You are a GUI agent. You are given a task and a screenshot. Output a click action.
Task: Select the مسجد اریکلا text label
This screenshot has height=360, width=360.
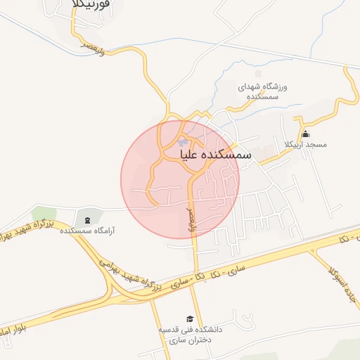[x=305, y=145]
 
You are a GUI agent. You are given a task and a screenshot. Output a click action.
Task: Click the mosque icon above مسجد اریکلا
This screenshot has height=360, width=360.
[x=305, y=134]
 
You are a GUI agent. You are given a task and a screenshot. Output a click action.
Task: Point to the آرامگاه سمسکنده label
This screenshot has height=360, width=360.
[x=89, y=230]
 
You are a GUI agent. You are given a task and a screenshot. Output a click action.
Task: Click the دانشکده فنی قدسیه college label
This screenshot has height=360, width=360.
[x=189, y=334]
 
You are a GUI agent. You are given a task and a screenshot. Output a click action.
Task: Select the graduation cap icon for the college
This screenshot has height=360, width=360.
[x=189, y=319]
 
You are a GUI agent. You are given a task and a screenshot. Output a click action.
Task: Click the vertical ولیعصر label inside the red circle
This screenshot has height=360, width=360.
[x=188, y=216]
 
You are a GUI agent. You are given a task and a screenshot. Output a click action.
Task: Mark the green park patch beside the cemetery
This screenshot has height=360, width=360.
[x=44, y=214]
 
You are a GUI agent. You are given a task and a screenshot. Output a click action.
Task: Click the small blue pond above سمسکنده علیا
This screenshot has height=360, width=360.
[x=182, y=143]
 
